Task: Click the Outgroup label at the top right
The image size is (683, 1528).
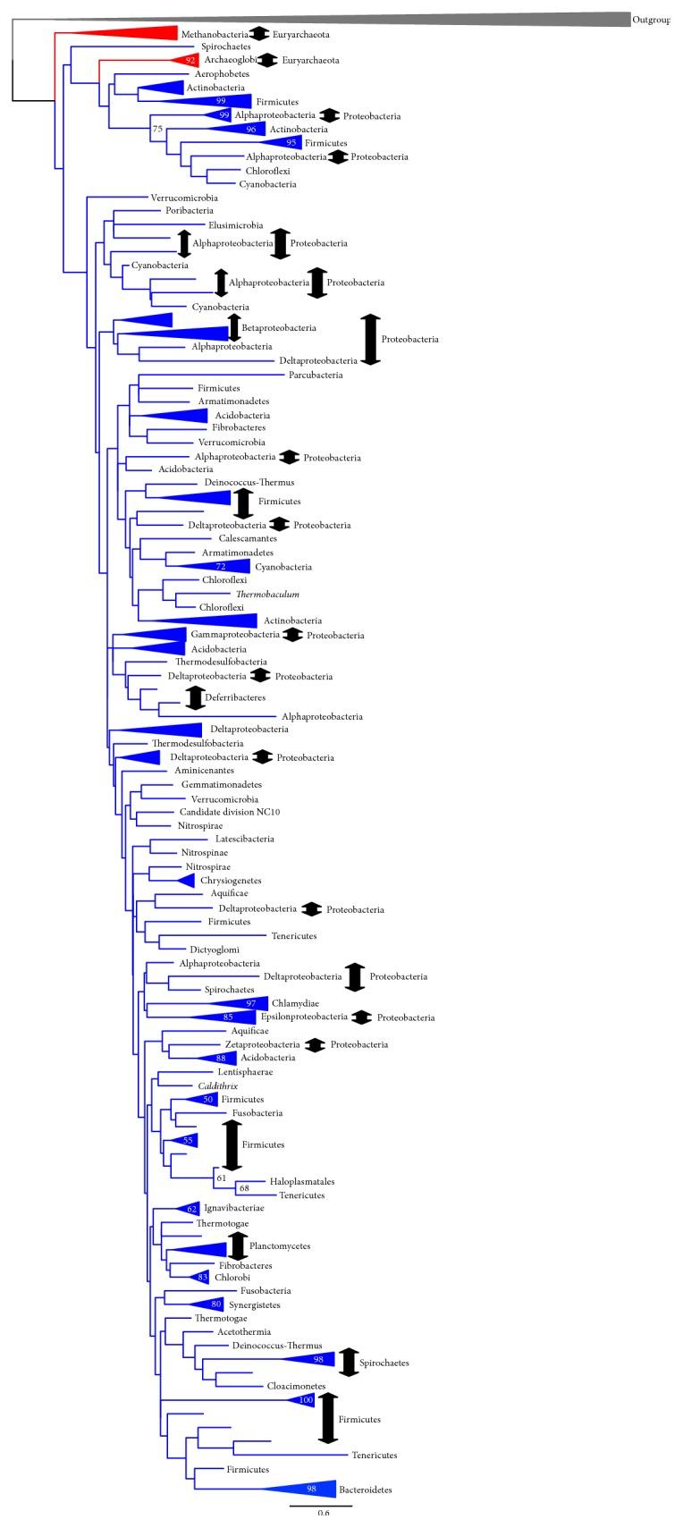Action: [651, 21]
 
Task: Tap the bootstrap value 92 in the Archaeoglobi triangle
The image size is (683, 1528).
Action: [189, 60]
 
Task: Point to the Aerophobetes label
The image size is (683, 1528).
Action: [221, 73]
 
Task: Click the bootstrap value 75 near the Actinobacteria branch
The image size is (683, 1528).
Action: [158, 129]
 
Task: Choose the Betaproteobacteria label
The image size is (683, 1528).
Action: [279, 328]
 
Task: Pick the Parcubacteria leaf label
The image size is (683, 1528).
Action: [316, 376]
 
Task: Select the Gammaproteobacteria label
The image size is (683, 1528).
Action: [235, 635]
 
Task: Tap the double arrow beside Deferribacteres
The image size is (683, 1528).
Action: [195, 697]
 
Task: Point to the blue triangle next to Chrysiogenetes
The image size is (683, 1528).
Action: [185, 881]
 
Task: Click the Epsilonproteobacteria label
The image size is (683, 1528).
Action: [303, 1017]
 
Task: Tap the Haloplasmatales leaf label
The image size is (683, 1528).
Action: [301, 1181]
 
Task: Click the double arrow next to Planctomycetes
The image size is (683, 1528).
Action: [237, 1245]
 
